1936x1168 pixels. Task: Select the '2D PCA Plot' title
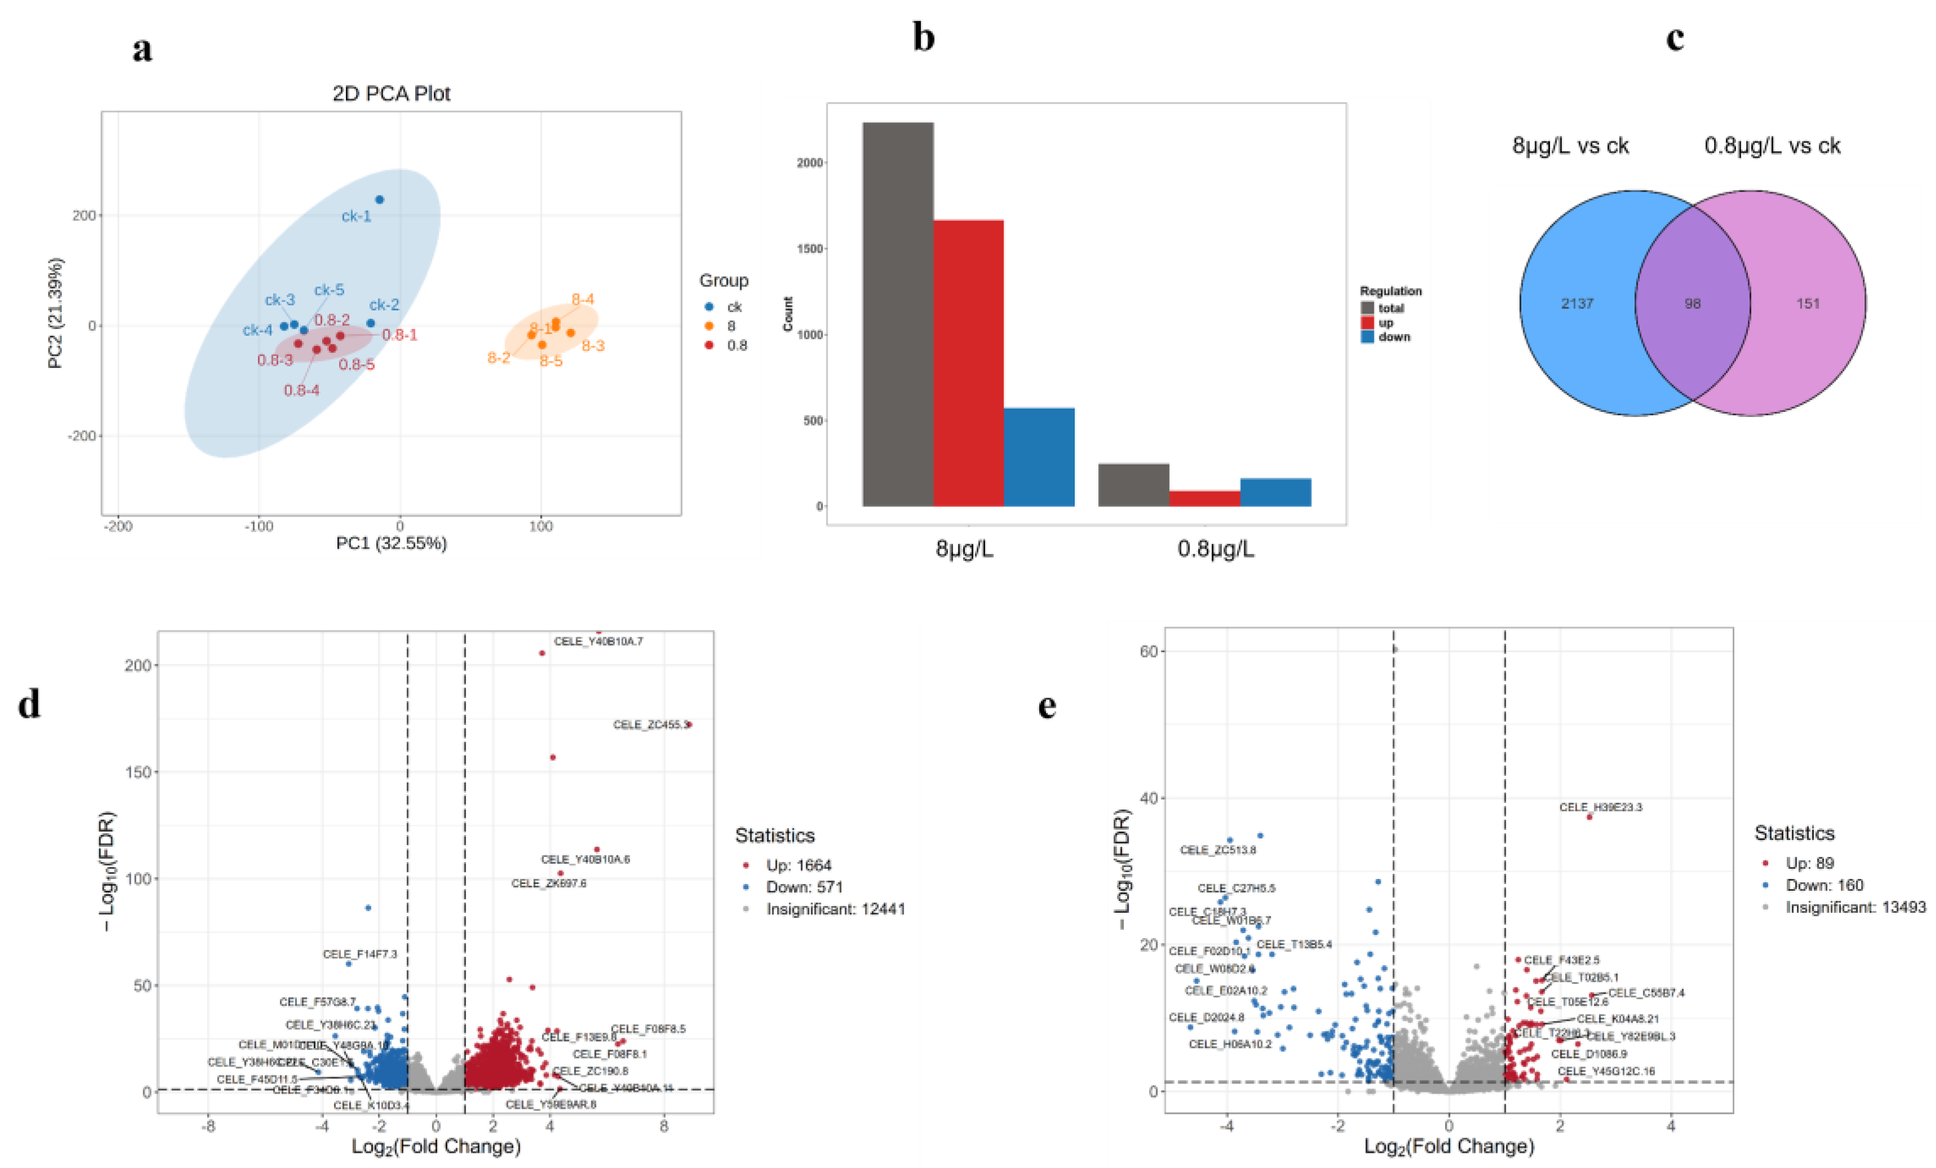(391, 94)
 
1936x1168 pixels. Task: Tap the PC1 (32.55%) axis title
(391, 543)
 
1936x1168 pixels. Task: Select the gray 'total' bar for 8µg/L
(897, 314)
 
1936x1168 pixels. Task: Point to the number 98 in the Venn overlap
(1693, 303)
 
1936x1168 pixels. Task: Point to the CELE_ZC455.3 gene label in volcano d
(650, 725)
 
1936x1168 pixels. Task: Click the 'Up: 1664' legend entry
(798, 865)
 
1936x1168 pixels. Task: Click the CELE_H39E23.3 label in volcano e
(1600, 807)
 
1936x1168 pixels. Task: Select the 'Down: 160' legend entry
(1824, 885)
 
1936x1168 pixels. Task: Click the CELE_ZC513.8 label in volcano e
(1217, 850)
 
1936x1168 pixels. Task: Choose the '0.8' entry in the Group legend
(736, 345)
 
